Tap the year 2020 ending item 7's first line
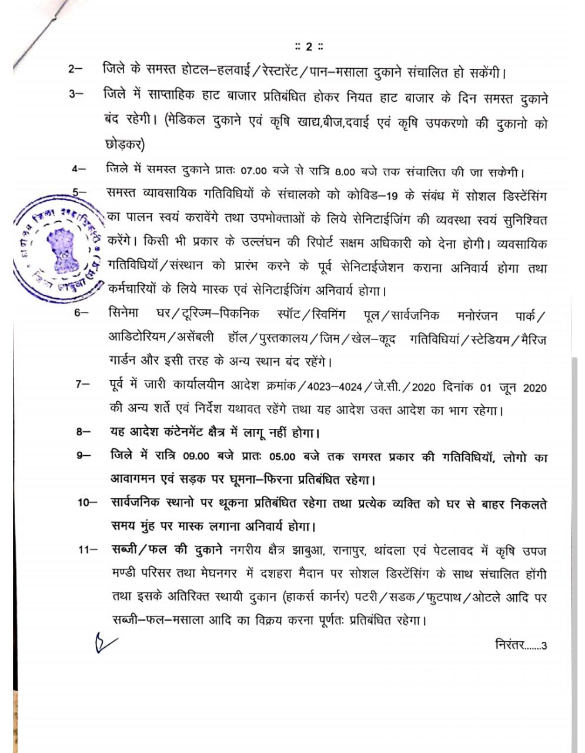(x=534, y=388)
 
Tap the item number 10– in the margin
(x=87, y=503)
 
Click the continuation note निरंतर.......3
(x=521, y=644)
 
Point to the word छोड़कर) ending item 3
(x=123, y=144)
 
